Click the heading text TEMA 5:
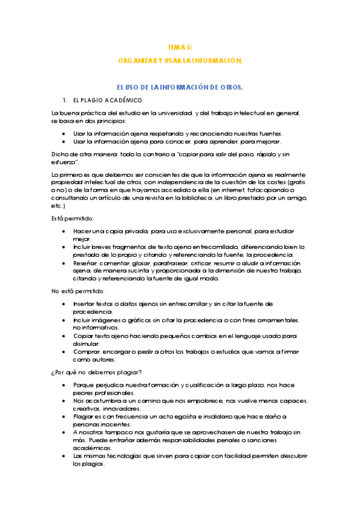180,47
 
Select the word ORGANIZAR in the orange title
136,61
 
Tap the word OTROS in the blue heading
229,88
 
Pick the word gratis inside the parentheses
294,182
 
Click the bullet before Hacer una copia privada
64,231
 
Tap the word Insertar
87,304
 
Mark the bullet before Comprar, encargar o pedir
64,351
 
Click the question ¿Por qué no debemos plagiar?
97,372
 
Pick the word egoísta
188,417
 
